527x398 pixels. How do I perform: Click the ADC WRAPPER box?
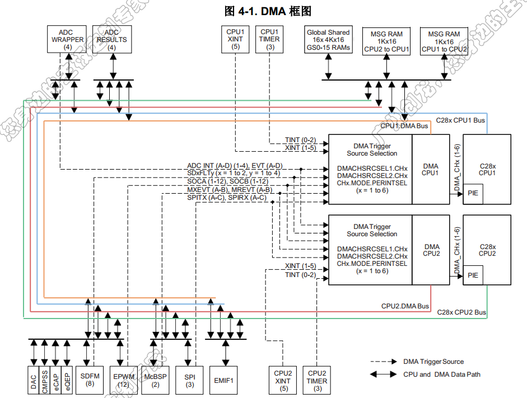coord(68,40)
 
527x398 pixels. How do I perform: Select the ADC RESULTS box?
coord(111,40)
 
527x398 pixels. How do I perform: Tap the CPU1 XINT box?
coord(235,40)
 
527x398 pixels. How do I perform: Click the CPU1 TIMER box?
coord(271,40)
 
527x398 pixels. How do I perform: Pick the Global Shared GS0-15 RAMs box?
coord(328,40)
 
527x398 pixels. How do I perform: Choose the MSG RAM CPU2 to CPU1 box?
coord(386,41)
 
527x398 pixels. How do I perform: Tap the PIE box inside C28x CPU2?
coord(473,275)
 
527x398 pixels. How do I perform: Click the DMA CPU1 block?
coord(431,170)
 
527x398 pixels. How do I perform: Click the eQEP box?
coord(67,381)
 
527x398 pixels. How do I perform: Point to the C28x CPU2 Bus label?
coord(461,312)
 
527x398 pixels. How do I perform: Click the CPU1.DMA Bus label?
coord(404,127)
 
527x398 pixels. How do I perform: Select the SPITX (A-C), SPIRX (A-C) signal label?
coord(227,198)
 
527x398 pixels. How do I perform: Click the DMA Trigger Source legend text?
coord(433,362)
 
